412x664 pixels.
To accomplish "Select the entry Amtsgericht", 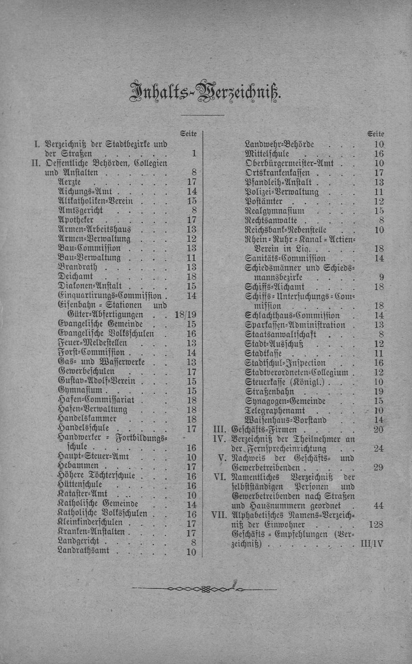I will [80, 210].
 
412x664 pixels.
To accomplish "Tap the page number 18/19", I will [185, 315].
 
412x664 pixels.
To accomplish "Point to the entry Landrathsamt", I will [84, 551].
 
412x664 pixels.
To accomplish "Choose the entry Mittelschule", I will [267, 154].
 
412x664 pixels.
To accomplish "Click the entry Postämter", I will [264, 201].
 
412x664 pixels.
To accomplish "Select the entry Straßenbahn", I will [270, 391].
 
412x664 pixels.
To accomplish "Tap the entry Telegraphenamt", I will [275, 411].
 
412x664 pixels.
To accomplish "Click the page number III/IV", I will [372, 544].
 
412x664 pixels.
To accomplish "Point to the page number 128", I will [376, 525].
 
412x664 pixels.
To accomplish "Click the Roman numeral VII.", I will [219, 515].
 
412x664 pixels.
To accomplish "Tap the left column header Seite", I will [188, 134].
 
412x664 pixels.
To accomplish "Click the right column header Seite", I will [376, 134].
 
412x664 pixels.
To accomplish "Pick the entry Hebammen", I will [78, 466].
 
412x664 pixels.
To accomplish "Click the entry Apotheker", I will [76, 220].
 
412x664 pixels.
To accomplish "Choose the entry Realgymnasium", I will [275, 211].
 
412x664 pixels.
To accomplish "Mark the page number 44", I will [378, 506].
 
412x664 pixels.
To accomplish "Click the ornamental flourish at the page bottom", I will [206, 589].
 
